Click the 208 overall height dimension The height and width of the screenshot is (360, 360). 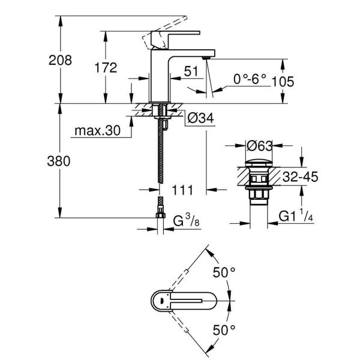[61, 60]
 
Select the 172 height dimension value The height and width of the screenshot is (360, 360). [106, 68]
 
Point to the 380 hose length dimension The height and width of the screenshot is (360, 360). [60, 161]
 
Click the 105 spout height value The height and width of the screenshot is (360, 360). [282, 81]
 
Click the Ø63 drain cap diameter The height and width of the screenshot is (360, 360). [260, 146]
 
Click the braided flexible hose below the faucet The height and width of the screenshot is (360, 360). [160, 156]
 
